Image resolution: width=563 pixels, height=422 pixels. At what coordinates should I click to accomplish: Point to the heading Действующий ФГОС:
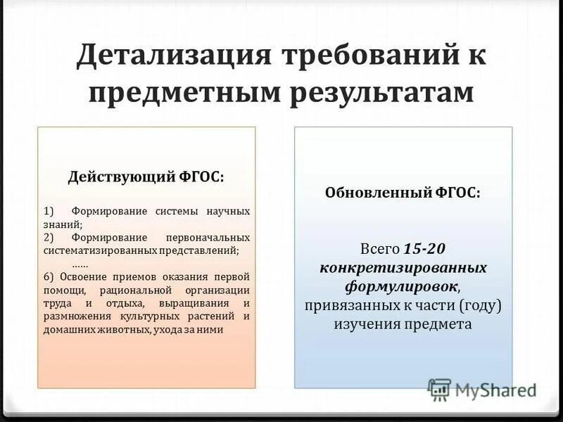(x=146, y=177)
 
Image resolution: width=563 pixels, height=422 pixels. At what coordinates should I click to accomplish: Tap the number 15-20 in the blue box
(x=424, y=250)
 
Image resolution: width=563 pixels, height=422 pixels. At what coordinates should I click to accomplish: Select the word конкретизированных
(x=403, y=269)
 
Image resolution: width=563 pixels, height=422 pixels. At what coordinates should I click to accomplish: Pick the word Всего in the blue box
(x=380, y=250)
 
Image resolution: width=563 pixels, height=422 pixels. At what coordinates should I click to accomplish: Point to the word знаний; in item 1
(x=63, y=224)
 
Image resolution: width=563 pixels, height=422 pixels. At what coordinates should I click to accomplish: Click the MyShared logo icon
(x=439, y=389)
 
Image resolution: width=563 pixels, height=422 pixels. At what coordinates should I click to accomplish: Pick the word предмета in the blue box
(x=441, y=324)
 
